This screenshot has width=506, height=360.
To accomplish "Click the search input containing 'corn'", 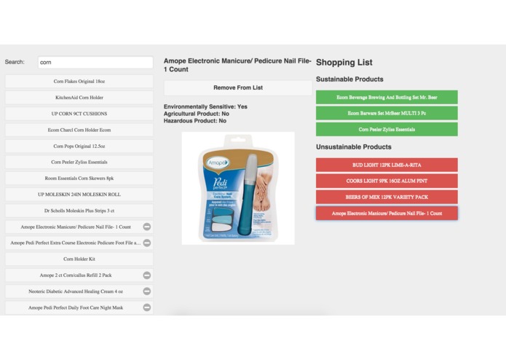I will [x=95, y=63].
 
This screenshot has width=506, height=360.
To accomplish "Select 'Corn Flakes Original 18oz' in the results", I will [x=79, y=82].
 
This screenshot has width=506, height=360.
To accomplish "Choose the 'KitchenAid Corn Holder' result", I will [x=79, y=98].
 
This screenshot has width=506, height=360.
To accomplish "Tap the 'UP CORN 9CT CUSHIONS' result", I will [x=79, y=114].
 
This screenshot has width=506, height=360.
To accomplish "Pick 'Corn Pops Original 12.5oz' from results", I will [x=79, y=146].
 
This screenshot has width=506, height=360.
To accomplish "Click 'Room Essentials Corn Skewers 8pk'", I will [x=79, y=179].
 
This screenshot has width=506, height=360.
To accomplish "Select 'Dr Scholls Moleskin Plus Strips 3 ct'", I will [x=79, y=211].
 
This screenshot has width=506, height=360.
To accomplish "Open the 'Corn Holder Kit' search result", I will [x=79, y=259].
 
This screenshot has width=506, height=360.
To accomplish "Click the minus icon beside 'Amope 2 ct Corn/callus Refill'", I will [x=147, y=275].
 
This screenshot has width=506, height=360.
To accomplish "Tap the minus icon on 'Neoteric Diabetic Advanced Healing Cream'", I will [x=147, y=291].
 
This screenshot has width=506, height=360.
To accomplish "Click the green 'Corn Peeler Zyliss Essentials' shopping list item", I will [x=387, y=130].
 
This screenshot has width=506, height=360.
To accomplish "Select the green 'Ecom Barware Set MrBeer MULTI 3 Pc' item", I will [x=387, y=114].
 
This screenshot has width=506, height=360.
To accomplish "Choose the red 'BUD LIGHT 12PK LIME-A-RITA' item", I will [x=387, y=165].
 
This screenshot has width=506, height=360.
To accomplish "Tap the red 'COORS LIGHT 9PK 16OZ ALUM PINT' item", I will [x=387, y=181].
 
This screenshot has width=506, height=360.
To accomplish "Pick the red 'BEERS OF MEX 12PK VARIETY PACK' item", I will [x=387, y=197].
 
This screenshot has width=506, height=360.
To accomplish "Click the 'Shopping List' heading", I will [x=344, y=63].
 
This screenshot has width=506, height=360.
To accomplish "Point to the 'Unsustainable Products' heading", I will [x=354, y=147].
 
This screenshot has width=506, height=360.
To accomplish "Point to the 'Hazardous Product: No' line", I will [x=195, y=121].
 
